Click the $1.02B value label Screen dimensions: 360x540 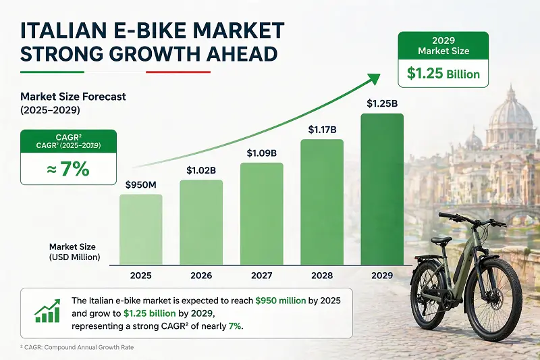pyautogui.click(x=201, y=171)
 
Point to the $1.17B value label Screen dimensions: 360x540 pyautogui.click(x=322, y=128)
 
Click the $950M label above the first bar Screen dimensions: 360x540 pyautogui.click(x=140, y=184)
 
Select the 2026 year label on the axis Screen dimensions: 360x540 pyautogui.click(x=201, y=276)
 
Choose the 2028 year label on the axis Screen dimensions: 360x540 pyautogui.click(x=322, y=276)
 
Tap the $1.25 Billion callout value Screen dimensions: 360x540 pyautogui.click(x=443, y=74)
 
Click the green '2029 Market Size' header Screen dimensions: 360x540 pyautogui.click(x=443, y=45)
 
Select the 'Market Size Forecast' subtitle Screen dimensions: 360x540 pyautogui.click(x=73, y=97)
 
